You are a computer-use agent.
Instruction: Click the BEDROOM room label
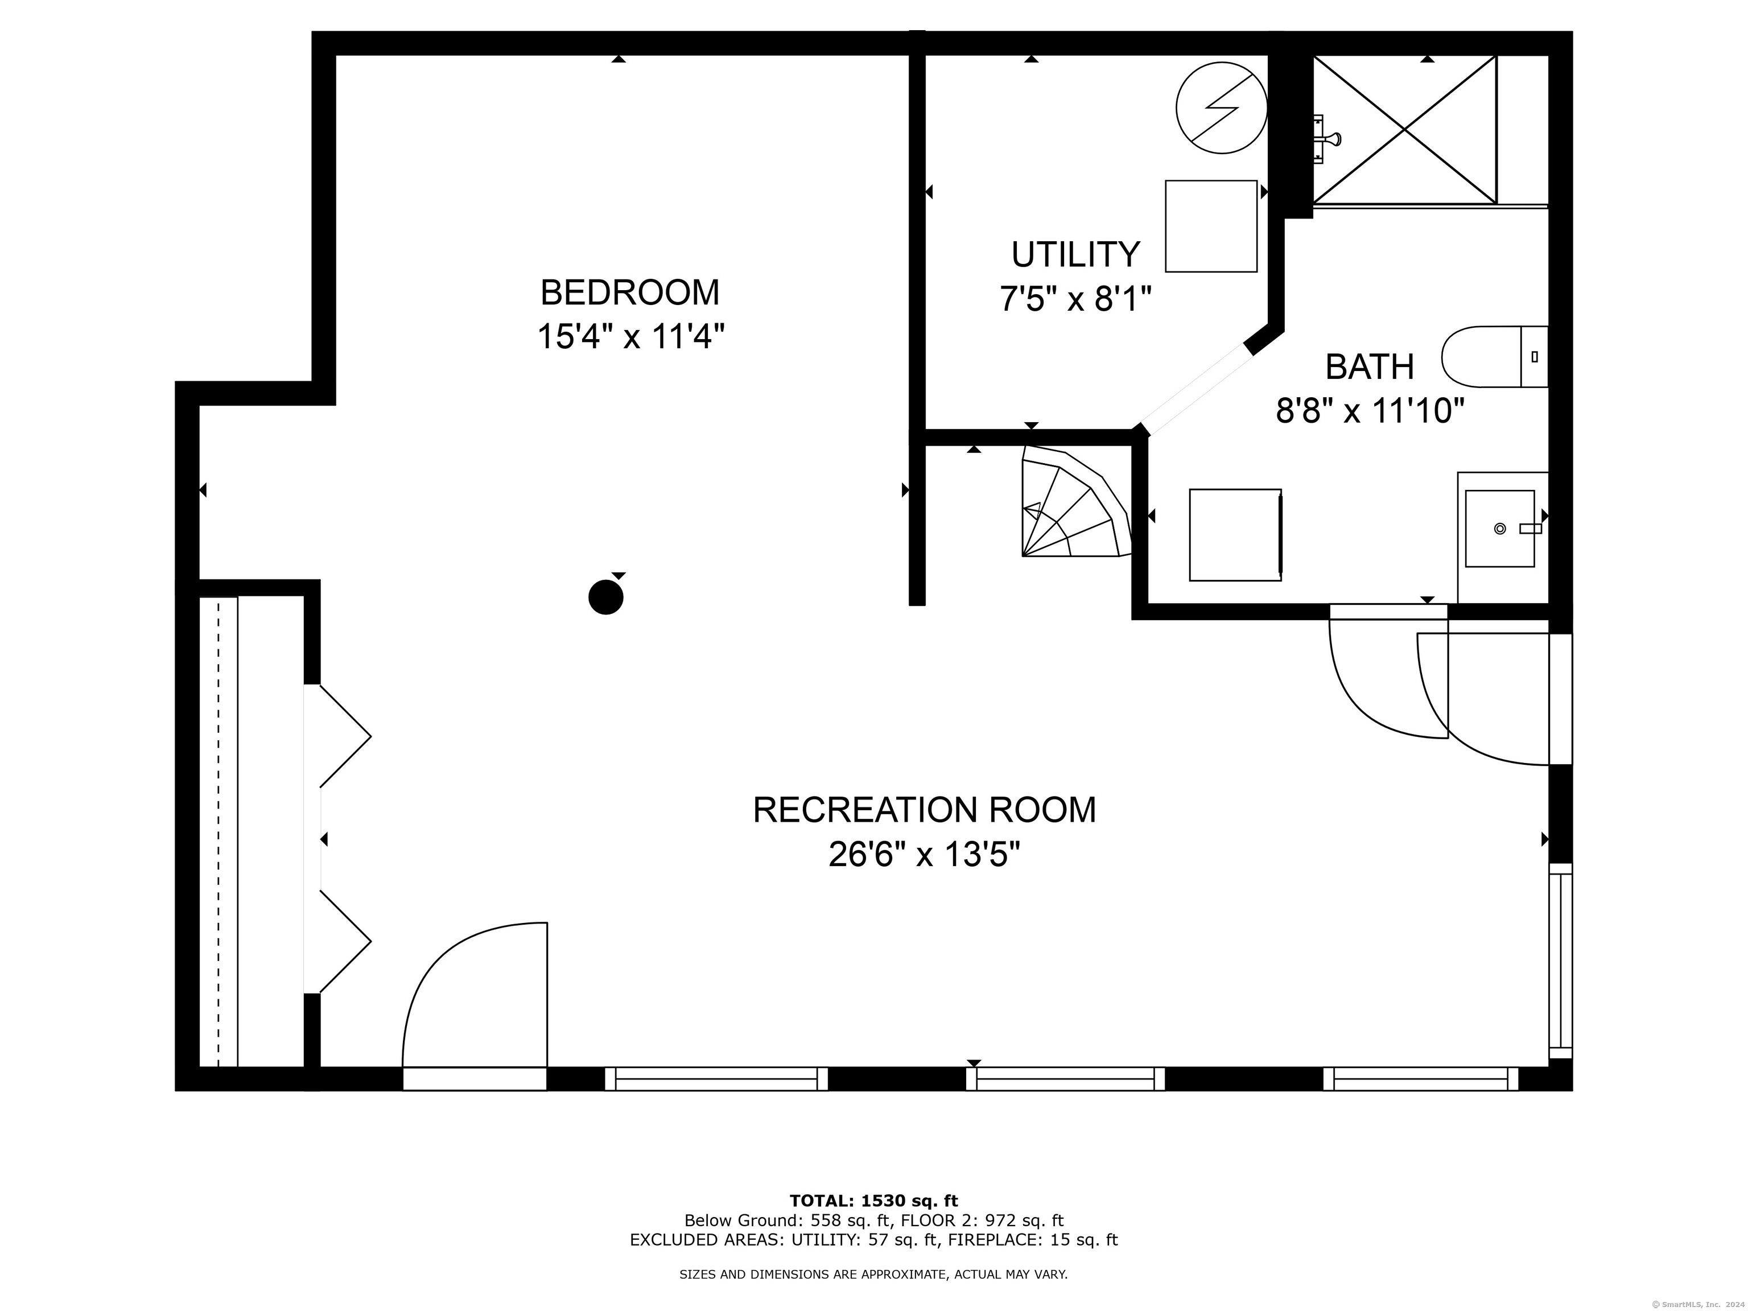click(630, 292)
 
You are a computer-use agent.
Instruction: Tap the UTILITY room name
click(1075, 254)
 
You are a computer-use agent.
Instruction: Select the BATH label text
click(1370, 366)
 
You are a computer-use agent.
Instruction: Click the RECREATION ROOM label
click(925, 810)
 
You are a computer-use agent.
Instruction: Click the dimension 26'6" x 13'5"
click(925, 854)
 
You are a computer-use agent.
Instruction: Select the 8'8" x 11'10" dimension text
click(1370, 411)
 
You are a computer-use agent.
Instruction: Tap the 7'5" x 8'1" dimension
click(1075, 299)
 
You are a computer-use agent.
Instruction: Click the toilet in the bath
click(1494, 356)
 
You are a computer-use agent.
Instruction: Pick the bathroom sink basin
click(1500, 529)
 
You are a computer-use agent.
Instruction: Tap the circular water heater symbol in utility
click(1221, 108)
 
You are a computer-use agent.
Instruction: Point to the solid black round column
click(606, 597)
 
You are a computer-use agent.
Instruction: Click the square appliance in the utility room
click(1211, 226)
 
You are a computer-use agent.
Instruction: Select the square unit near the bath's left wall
click(1235, 535)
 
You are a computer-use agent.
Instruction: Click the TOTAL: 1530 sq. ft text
click(873, 1201)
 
